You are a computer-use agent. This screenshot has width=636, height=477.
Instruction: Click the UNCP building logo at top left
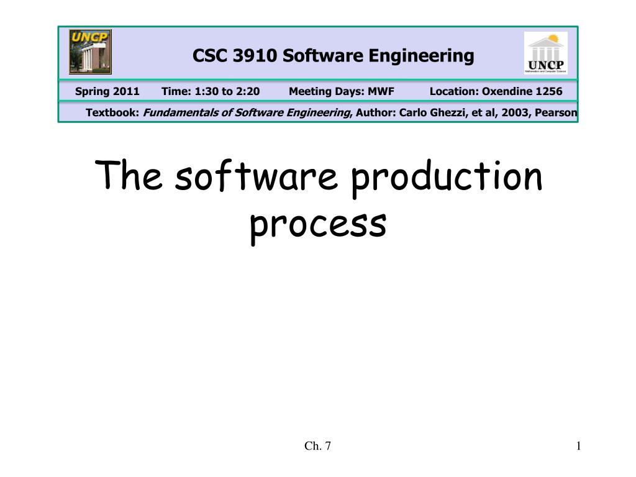click(91, 52)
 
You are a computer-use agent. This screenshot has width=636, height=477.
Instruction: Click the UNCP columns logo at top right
click(545, 53)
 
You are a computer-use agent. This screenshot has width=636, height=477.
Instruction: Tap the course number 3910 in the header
click(255, 57)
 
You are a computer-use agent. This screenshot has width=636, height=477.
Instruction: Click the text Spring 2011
click(107, 92)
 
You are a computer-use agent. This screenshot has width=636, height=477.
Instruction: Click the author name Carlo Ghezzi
click(432, 112)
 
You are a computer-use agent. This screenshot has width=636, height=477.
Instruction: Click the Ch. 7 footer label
click(317, 445)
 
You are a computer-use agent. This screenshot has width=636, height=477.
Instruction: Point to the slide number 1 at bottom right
click(578, 445)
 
